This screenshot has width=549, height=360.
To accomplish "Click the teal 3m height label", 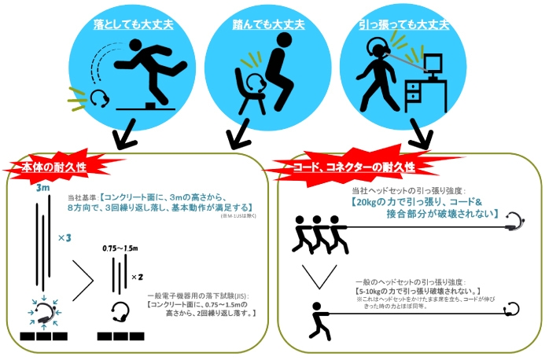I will (x=42, y=189).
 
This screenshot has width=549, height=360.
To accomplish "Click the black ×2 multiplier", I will (x=136, y=277).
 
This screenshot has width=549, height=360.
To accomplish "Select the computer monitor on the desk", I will (x=435, y=66).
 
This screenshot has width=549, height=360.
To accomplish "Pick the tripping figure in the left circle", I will (x=149, y=75).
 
